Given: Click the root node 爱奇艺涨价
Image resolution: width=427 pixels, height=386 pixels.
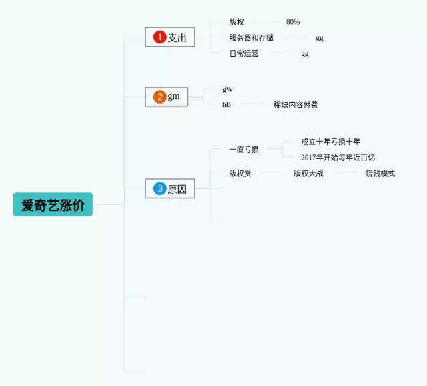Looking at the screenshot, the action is tap(53, 204).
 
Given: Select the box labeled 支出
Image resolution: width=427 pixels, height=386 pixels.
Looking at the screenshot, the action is tap(170, 37).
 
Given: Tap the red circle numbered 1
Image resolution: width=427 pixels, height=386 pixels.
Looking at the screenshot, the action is tap(159, 37).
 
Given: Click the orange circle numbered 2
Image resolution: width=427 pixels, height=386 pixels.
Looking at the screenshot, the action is tap(159, 97).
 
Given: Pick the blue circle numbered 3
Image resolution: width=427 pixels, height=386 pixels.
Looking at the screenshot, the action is tap(159, 189).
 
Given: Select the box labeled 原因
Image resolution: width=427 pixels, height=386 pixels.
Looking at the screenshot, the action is tap(170, 189).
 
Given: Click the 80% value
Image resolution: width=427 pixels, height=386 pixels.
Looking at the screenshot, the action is tap(292, 22).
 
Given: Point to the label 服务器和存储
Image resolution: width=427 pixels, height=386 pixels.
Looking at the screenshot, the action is tap(251, 37).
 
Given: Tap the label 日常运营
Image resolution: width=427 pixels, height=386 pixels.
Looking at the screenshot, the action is tap(244, 53).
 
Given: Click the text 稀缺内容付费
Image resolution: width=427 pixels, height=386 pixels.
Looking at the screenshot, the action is tap(296, 104).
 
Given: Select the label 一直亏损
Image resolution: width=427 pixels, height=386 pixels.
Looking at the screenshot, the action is tap(244, 150).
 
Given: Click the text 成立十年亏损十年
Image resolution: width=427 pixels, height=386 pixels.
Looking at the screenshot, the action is tap(330, 142).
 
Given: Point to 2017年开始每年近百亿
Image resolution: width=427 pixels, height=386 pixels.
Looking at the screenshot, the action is tap(338, 158).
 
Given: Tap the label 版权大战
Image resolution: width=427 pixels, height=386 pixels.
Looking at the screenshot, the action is tap(308, 174).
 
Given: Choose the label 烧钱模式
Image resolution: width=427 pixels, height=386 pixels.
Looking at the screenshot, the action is tap(380, 174).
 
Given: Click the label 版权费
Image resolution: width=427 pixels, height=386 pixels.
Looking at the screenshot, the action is tap(240, 174).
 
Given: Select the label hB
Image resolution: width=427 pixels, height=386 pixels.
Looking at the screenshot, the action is tap(226, 104).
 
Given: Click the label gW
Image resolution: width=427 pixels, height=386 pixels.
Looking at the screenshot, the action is tap(228, 89).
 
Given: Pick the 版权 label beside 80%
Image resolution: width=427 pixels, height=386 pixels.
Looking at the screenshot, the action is tap(236, 22).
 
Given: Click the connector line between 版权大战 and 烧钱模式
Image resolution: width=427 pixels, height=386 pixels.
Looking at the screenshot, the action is tap(344, 174).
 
